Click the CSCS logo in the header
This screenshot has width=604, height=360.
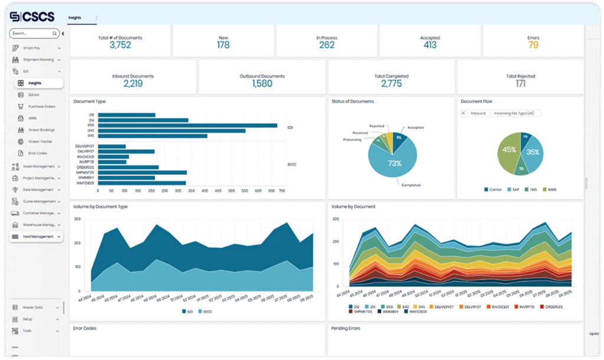point(32,17)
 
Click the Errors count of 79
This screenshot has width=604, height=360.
point(533,45)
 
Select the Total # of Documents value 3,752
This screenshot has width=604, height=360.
point(120,45)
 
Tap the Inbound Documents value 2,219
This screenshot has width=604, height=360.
point(133,84)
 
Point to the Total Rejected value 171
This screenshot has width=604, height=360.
point(520,84)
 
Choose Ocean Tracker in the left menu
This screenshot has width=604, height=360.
point(40,142)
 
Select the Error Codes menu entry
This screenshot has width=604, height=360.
point(38,153)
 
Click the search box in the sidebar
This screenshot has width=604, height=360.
point(32,34)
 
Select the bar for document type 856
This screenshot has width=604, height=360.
point(188,125)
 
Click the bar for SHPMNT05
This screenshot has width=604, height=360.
point(142,173)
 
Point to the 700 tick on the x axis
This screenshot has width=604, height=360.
point(282,191)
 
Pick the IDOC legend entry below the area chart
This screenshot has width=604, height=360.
point(207,311)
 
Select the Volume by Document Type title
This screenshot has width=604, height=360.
point(100,207)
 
